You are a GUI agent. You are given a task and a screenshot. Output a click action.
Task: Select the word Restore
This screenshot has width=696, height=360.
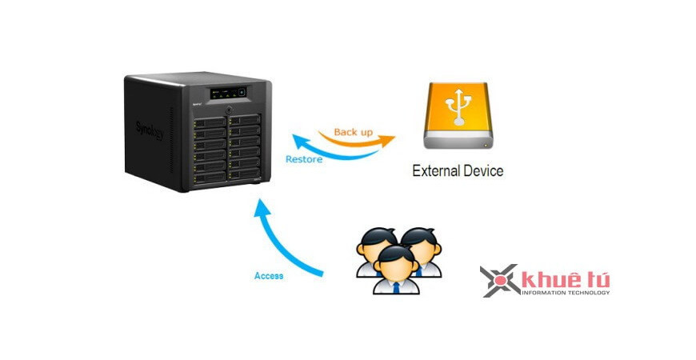click(x=304, y=159)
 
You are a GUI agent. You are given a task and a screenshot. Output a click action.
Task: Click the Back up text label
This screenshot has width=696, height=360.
click(x=353, y=131)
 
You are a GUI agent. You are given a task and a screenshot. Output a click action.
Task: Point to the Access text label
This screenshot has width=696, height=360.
click(x=269, y=276)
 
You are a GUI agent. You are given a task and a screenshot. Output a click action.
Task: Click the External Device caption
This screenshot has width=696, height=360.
click(x=458, y=170)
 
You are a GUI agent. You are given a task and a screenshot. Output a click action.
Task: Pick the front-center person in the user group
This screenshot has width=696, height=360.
click(x=393, y=269)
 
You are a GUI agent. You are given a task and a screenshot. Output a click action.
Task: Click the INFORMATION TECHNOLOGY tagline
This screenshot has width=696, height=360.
click(x=565, y=293)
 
